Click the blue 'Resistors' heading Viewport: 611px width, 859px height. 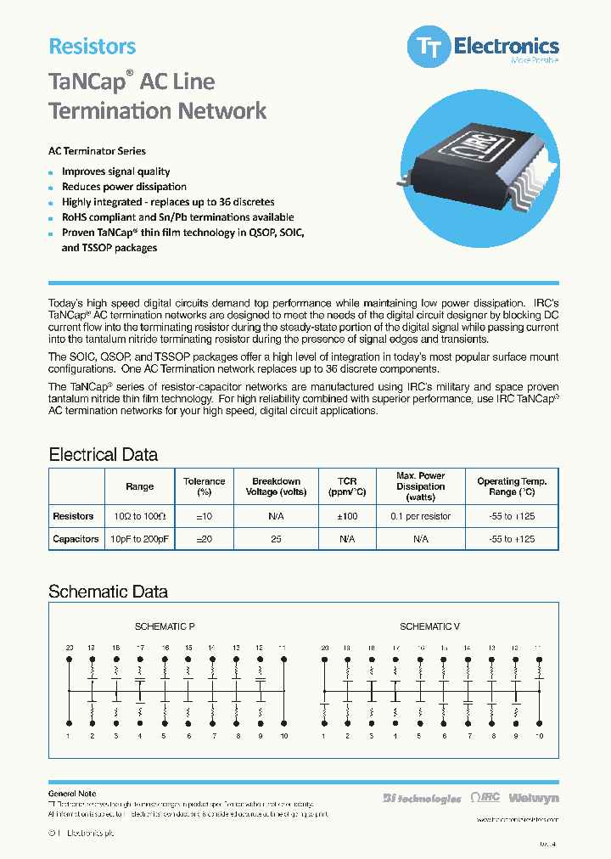(92, 47)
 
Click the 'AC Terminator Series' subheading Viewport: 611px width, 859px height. (97, 151)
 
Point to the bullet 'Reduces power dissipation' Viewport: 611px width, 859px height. (124, 187)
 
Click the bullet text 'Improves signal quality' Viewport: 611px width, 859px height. (115, 171)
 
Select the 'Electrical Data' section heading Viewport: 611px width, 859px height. (103, 454)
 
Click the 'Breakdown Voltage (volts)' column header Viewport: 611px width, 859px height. (276, 486)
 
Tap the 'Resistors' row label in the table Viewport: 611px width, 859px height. (74, 516)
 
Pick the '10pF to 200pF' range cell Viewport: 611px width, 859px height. (139, 539)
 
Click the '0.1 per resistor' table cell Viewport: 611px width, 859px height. (420, 516)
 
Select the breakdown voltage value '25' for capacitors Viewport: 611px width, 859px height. (276, 539)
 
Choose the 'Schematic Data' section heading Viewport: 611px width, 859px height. (108, 592)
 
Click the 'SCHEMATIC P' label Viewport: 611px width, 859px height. (165, 626)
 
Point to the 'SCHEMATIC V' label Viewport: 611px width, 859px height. (429, 626)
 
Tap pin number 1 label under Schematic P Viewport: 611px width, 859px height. (69, 735)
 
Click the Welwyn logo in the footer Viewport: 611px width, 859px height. (535, 798)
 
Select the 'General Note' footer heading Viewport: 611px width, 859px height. (72, 794)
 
